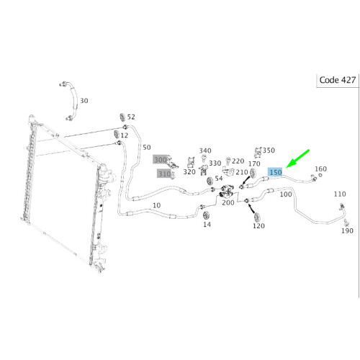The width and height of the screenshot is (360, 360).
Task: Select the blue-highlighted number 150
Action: click(275, 173)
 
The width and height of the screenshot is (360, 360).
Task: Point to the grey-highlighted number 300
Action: click(160, 159)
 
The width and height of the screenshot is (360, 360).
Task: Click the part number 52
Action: click(131, 117)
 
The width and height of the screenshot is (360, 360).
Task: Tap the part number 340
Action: click(206, 151)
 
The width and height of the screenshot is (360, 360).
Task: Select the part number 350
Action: click(269, 150)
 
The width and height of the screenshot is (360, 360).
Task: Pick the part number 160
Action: click(322, 170)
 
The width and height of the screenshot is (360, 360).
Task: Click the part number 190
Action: click(348, 230)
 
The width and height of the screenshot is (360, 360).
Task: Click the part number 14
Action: click(207, 225)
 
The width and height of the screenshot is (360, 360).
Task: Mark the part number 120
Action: click(258, 225)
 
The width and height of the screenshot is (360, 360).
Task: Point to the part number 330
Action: click(215, 163)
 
